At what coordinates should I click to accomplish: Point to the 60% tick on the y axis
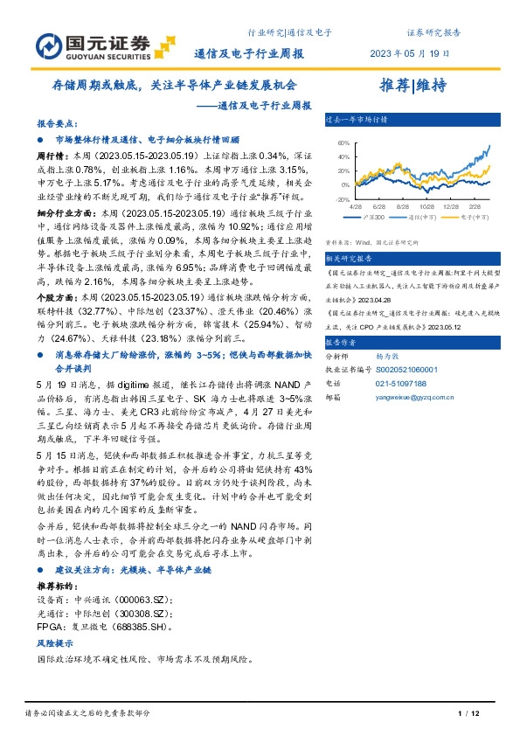pyautogui.click(x=344, y=142)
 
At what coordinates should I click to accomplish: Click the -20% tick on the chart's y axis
pyautogui.click(x=343, y=199)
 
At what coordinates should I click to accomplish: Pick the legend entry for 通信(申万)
pyautogui.click(x=423, y=216)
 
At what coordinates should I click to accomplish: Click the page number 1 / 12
pyautogui.click(x=469, y=715)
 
